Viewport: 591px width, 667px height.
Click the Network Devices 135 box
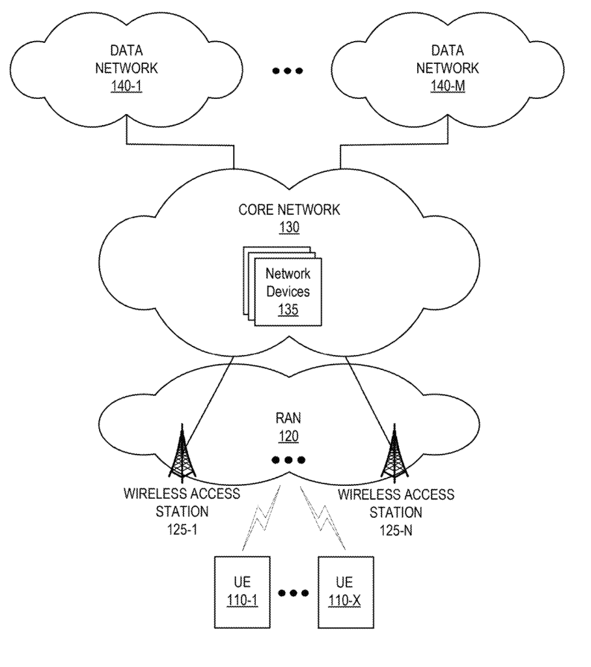tap(286, 291)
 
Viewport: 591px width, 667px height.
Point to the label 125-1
tap(182, 529)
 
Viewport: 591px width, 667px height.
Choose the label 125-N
tap(395, 529)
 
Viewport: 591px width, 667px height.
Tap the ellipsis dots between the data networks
tap(288, 70)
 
